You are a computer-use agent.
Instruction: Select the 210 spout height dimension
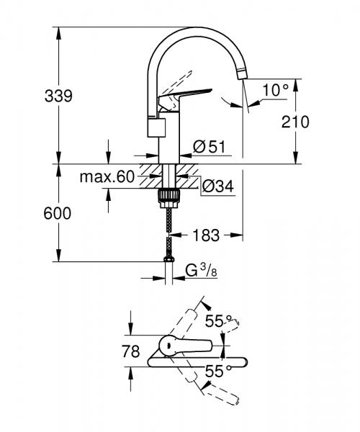point(296,122)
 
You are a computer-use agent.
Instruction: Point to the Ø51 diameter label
point(210,148)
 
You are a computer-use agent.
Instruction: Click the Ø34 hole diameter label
point(217,186)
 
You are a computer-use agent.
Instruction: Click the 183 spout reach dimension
point(207,235)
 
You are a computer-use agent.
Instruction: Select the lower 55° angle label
point(220,372)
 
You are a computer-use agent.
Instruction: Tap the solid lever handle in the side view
point(192,94)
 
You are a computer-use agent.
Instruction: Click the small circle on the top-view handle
point(168,346)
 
